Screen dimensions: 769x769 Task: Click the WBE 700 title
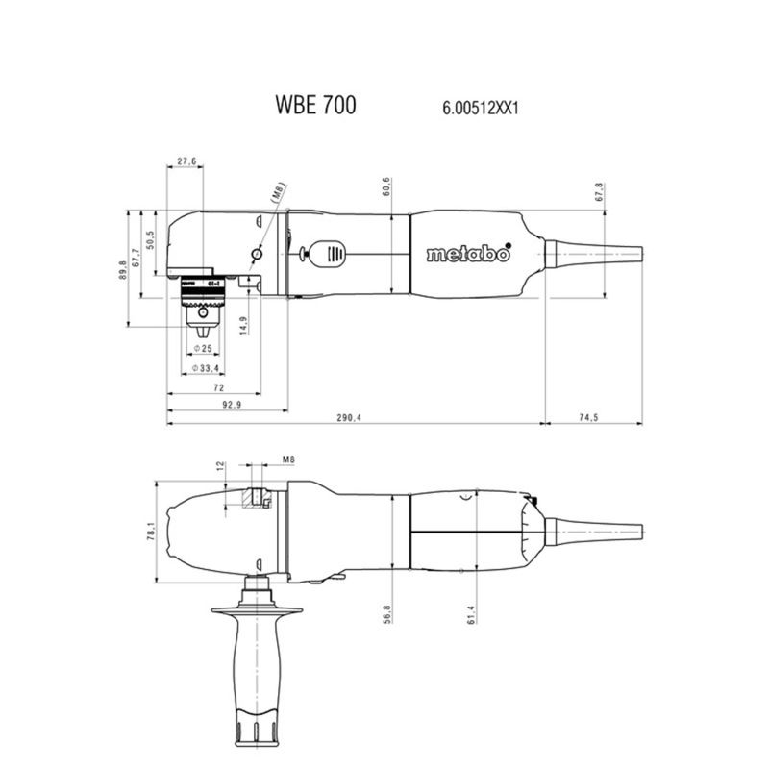pyautogui.click(x=315, y=105)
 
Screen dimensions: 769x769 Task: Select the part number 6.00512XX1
pyautogui.click(x=480, y=108)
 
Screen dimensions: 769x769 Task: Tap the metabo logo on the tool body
pyautogui.click(x=468, y=253)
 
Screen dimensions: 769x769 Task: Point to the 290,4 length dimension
pyautogui.click(x=349, y=418)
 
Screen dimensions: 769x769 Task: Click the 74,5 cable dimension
pyautogui.click(x=588, y=417)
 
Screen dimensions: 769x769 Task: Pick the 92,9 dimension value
pyautogui.click(x=232, y=405)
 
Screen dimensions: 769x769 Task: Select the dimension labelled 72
pyautogui.click(x=219, y=387)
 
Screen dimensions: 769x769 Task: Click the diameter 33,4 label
pyautogui.click(x=206, y=368)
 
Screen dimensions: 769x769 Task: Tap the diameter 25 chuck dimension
pyautogui.click(x=203, y=349)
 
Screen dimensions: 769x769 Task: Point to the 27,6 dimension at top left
pyautogui.click(x=186, y=161)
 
